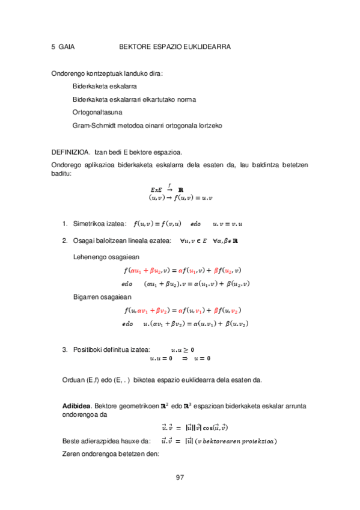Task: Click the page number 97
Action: [180, 478]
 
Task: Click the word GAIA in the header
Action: [66, 46]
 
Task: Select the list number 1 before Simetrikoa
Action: [64, 224]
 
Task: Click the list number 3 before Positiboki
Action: [64, 349]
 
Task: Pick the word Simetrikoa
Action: [90, 224]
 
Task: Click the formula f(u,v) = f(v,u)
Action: [157, 224]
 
